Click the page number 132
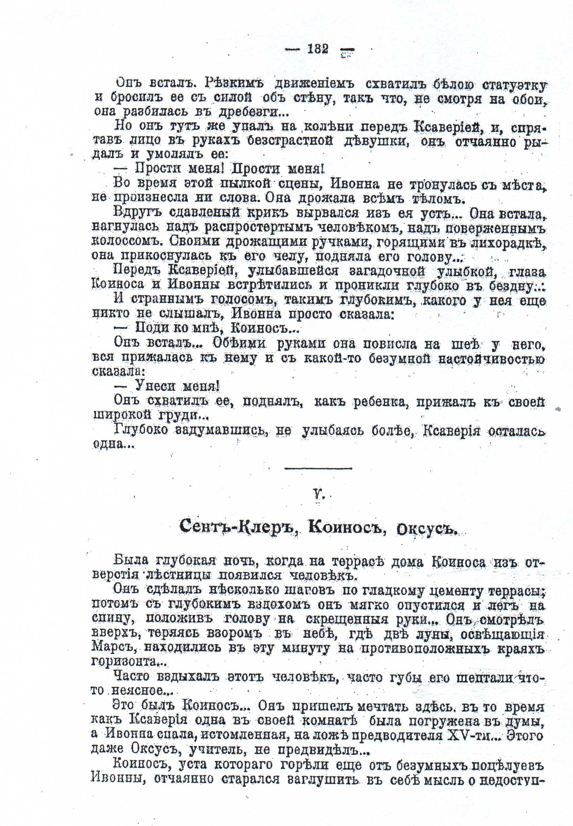[318, 49]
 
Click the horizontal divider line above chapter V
[318, 468]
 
